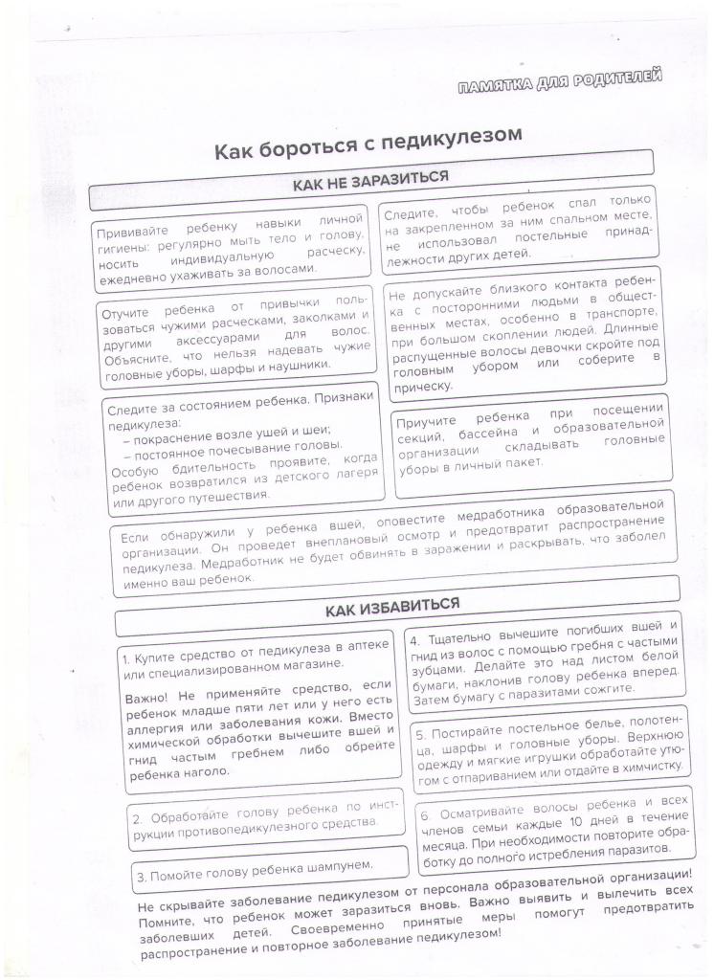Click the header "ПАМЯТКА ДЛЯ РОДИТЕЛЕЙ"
pos(561,85)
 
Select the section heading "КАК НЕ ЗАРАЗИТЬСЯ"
pos(370,180)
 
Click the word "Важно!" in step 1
pos(146,697)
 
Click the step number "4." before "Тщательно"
pos(414,639)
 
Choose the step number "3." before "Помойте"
pos(141,876)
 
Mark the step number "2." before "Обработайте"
pos(138,819)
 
